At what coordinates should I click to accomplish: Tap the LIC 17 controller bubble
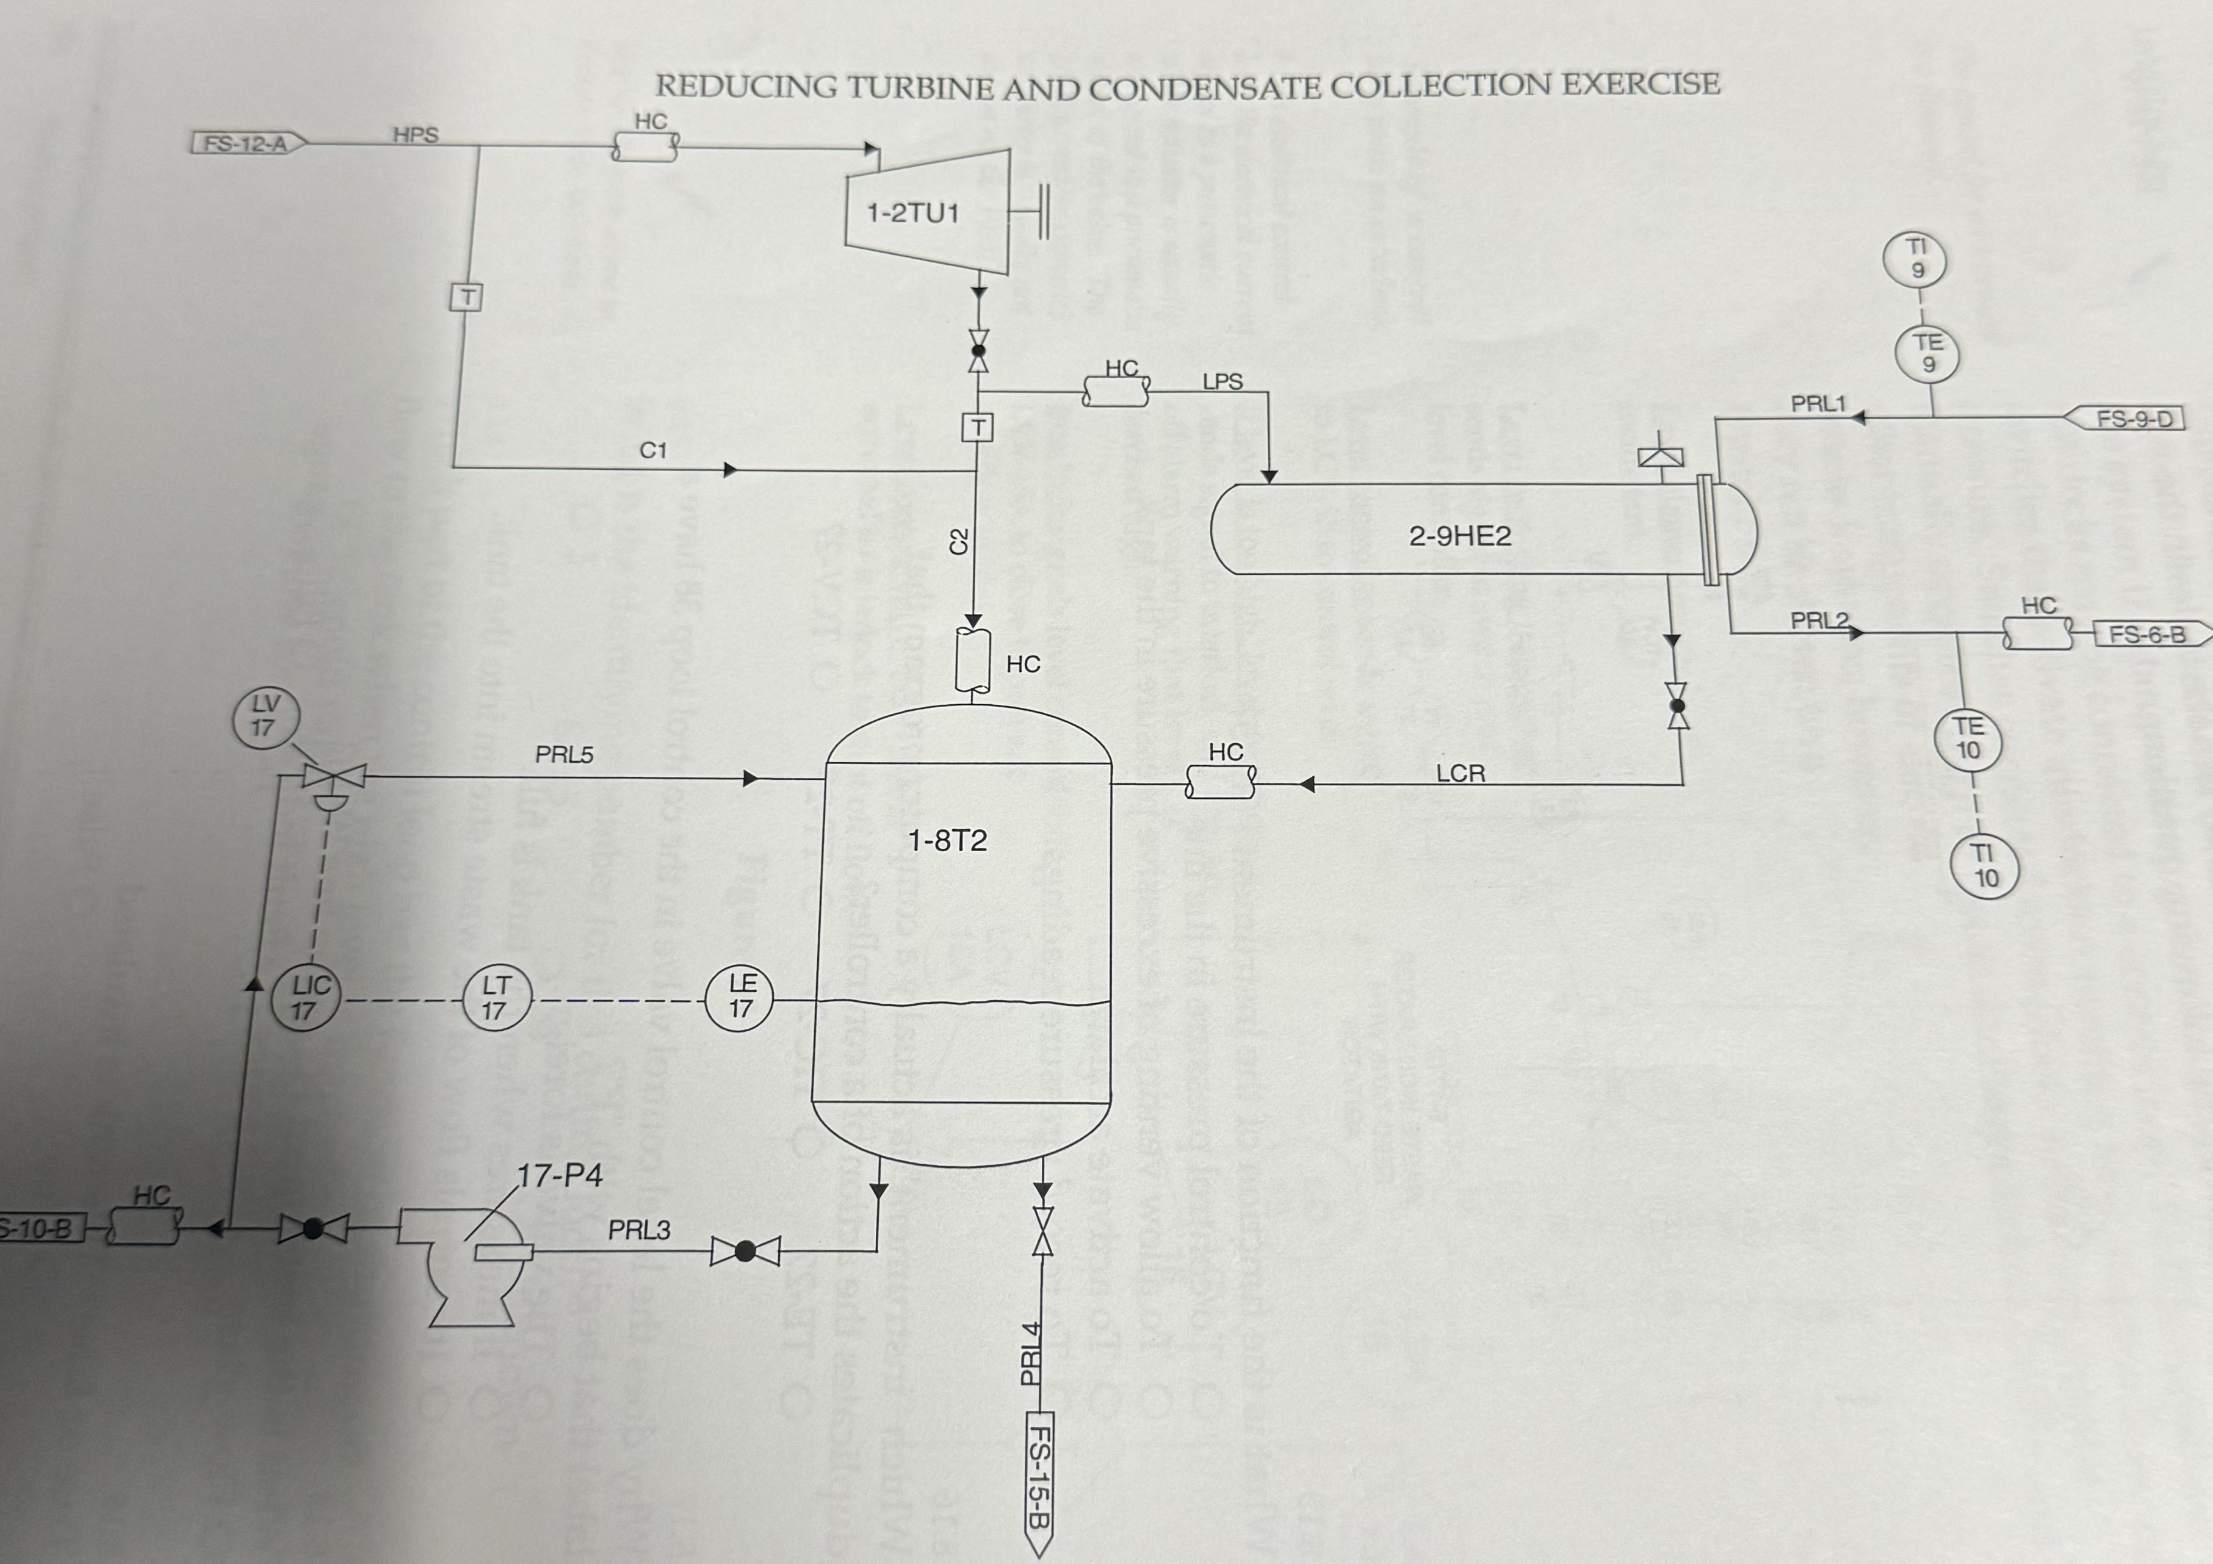pos(305,998)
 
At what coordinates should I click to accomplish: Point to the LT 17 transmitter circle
pos(494,998)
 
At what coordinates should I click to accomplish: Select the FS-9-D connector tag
pos(2130,419)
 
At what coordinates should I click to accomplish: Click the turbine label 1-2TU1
pos(913,213)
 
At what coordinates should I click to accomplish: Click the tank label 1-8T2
pos(947,841)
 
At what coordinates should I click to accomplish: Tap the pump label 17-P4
pos(560,1176)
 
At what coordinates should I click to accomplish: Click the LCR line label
pos(1460,773)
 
